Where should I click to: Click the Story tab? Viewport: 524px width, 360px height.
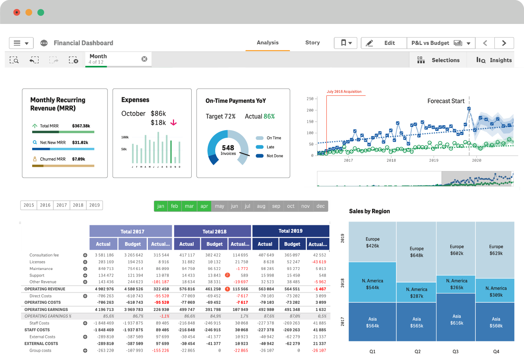312,43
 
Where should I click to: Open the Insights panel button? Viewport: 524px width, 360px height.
494,60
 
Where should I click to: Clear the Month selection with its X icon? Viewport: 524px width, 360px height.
144,59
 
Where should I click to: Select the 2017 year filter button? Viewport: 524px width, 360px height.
62,205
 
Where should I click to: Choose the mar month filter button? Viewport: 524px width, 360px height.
189,206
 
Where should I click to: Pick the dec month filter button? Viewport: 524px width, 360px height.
320,206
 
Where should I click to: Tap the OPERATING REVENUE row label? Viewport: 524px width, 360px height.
45,289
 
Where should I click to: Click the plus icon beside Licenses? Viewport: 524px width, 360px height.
85,262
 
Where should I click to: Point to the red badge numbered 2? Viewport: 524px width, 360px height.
227,275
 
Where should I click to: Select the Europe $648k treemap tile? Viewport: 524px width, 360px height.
416,251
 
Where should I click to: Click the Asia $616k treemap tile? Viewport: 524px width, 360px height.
456,319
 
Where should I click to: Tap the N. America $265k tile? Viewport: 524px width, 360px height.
456,284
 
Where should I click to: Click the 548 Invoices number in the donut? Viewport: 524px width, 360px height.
228,148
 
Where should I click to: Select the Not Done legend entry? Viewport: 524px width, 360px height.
274,156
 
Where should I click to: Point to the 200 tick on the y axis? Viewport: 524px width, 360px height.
310,110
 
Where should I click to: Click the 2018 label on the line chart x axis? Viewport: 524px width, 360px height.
391,160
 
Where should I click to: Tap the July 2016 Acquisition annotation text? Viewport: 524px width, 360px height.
344,92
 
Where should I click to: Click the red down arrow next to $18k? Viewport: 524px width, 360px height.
173,122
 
